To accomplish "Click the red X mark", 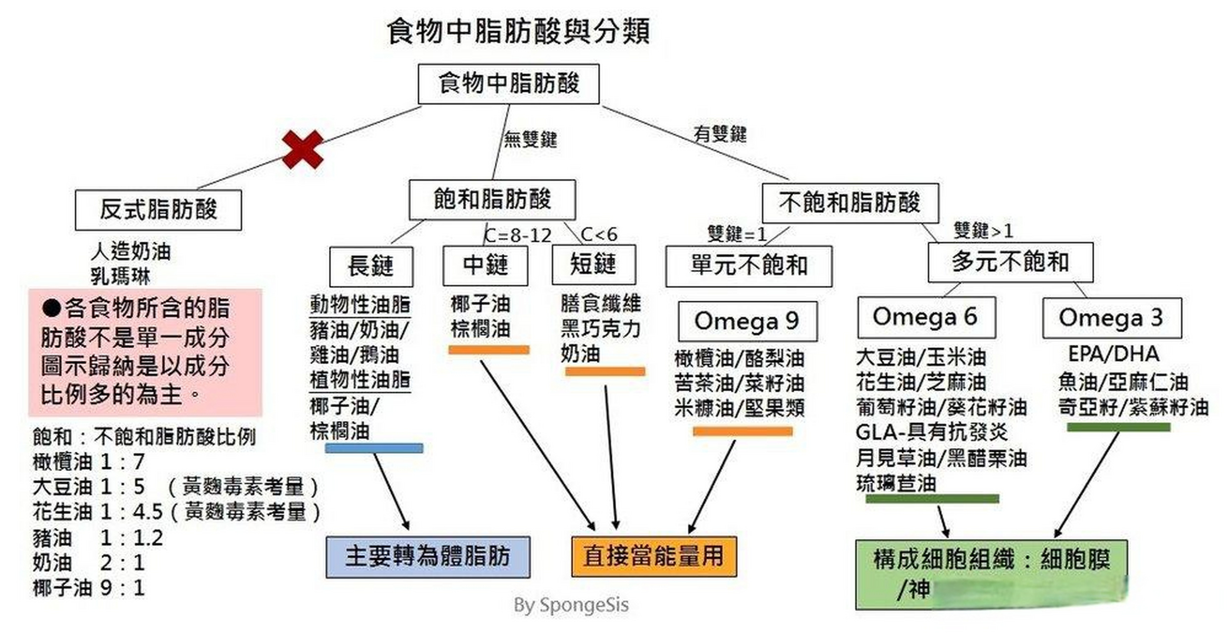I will point(303,150).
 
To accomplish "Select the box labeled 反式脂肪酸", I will point(159,210).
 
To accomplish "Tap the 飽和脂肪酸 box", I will point(492,200).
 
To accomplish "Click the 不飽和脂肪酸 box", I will point(850,203).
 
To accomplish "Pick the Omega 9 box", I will point(747,321).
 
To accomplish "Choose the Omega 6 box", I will point(926,317).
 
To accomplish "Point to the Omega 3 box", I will point(1112,318).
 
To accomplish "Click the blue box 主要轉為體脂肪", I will point(428,557).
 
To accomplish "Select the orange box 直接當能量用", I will point(654,557).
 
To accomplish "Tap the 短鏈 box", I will point(593,264).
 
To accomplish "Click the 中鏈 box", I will point(485,265).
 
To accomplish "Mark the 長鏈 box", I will point(371,266).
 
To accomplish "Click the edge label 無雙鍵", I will point(530,139).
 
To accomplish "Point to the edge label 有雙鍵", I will point(719,134).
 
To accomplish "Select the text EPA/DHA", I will point(1114,354).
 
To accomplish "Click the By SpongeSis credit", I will point(571,605).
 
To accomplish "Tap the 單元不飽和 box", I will point(748,266).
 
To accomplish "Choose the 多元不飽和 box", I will point(1010,262).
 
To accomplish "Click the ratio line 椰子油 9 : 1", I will point(89,588).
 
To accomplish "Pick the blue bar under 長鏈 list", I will point(374,448).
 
